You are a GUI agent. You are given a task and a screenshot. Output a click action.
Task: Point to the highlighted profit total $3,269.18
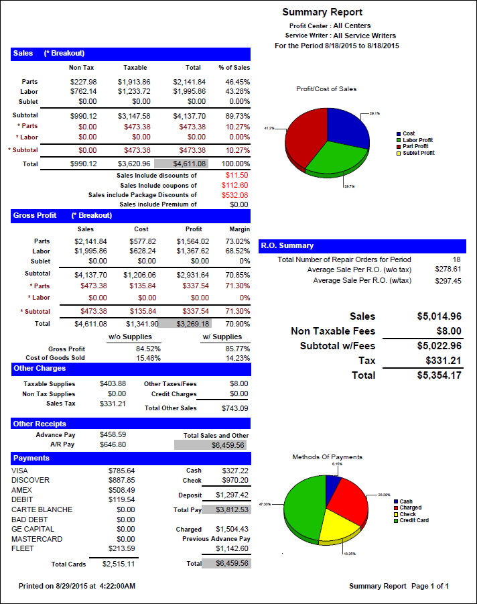[193, 323]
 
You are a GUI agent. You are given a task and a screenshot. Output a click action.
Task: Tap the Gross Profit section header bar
[131, 216]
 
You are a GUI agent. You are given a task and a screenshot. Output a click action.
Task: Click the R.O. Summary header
[362, 246]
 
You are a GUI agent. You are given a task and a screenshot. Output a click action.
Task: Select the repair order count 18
[456, 259]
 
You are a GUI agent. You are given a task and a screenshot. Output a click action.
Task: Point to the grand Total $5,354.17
[439, 375]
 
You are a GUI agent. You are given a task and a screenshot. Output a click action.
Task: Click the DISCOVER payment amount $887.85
[121, 480]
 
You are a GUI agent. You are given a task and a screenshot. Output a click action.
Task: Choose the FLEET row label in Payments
[22, 548]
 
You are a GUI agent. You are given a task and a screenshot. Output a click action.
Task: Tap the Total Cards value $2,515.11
[119, 564]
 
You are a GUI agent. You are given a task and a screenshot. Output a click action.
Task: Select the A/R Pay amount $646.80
[112, 444]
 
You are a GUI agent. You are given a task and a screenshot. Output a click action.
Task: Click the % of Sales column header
[234, 68]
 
